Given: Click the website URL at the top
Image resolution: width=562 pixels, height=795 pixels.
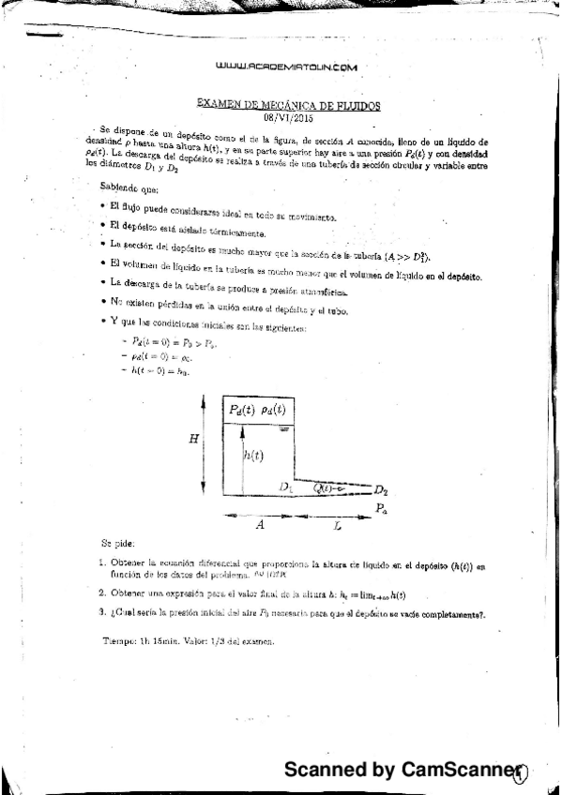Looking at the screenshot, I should click(x=286, y=67).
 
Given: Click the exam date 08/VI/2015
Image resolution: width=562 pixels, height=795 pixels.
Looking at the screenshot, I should click(x=288, y=115).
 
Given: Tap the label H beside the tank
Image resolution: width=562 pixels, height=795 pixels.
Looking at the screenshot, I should click(x=194, y=438).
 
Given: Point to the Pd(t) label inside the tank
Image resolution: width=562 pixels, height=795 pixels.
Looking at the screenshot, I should click(x=243, y=409).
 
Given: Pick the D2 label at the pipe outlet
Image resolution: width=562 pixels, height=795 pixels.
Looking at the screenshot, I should click(x=380, y=490).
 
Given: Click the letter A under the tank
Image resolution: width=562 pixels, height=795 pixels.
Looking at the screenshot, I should click(x=260, y=526).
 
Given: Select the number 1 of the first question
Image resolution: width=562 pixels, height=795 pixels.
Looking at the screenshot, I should click(x=101, y=563).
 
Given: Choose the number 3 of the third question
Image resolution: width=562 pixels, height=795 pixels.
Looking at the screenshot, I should click(x=101, y=613).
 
